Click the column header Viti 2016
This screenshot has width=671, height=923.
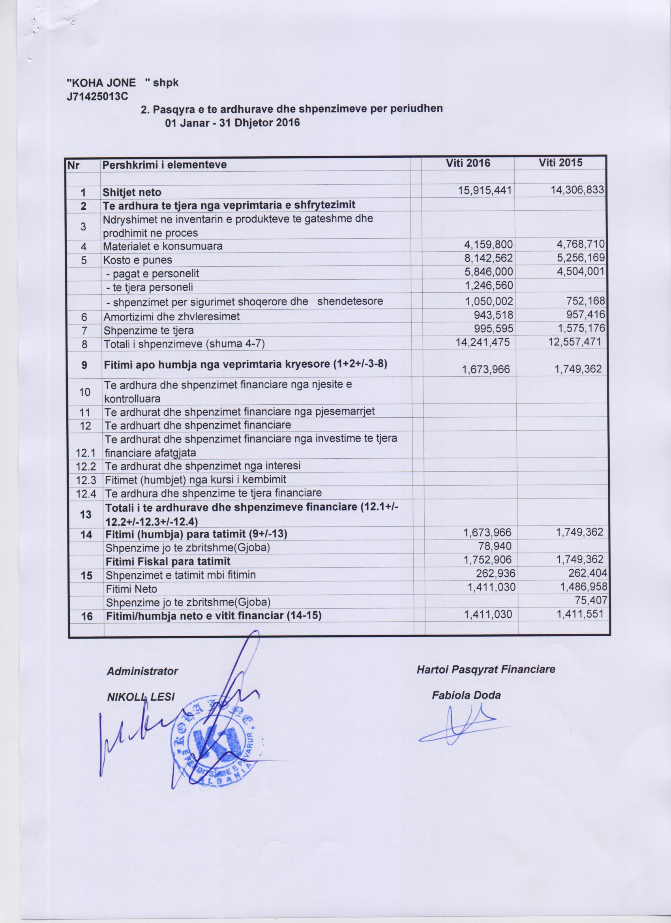click(468, 163)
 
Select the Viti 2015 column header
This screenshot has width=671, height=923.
click(560, 163)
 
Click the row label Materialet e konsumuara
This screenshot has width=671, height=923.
click(163, 246)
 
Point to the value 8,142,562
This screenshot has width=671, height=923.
click(488, 258)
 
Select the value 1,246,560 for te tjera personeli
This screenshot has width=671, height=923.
click(488, 286)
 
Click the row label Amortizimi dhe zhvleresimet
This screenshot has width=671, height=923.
click(171, 316)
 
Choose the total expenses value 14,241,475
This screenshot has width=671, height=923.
click(482, 342)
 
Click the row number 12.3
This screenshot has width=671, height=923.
click(86, 479)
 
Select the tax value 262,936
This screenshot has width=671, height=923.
click(495, 574)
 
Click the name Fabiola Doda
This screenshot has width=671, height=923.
click(466, 695)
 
